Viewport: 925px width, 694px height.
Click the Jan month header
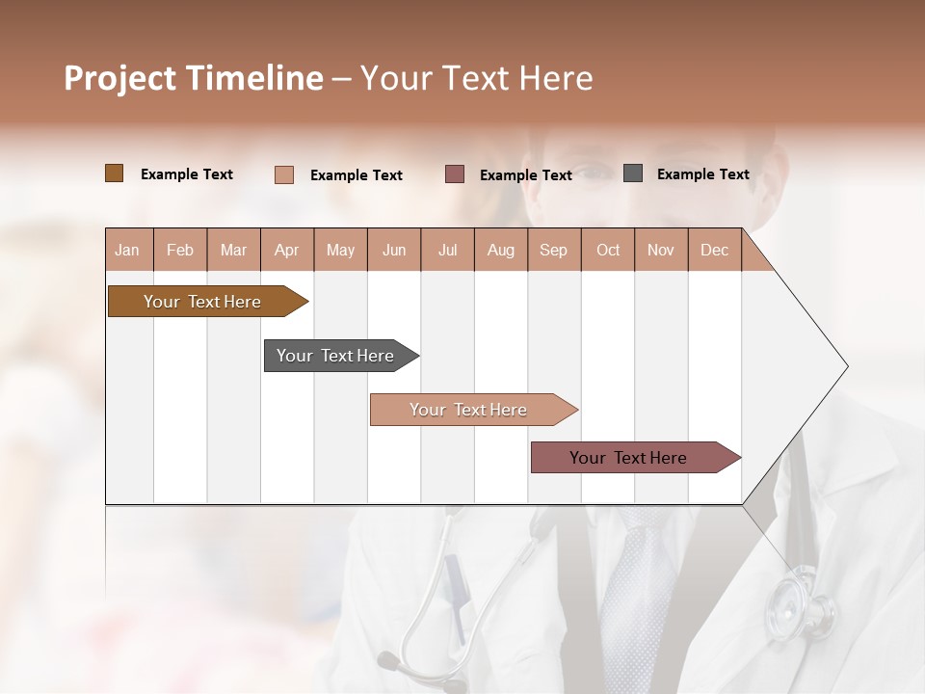(127, 250)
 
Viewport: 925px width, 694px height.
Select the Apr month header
(286, 250)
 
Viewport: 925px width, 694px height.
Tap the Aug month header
(500, 250)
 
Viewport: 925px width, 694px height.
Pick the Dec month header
(714, 250)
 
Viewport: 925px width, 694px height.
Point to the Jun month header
(394, 250)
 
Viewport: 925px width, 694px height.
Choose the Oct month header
(608, 250)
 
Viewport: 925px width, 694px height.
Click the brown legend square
(114, 173)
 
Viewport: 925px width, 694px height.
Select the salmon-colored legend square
(283, 174)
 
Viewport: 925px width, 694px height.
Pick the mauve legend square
(455, 173)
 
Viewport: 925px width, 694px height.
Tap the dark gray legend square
(632, 173)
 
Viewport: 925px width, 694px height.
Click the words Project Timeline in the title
(194, 78)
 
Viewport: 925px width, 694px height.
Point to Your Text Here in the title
(476, 78)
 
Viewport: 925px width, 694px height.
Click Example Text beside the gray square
(702, 174)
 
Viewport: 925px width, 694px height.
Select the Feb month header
(180, 250)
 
